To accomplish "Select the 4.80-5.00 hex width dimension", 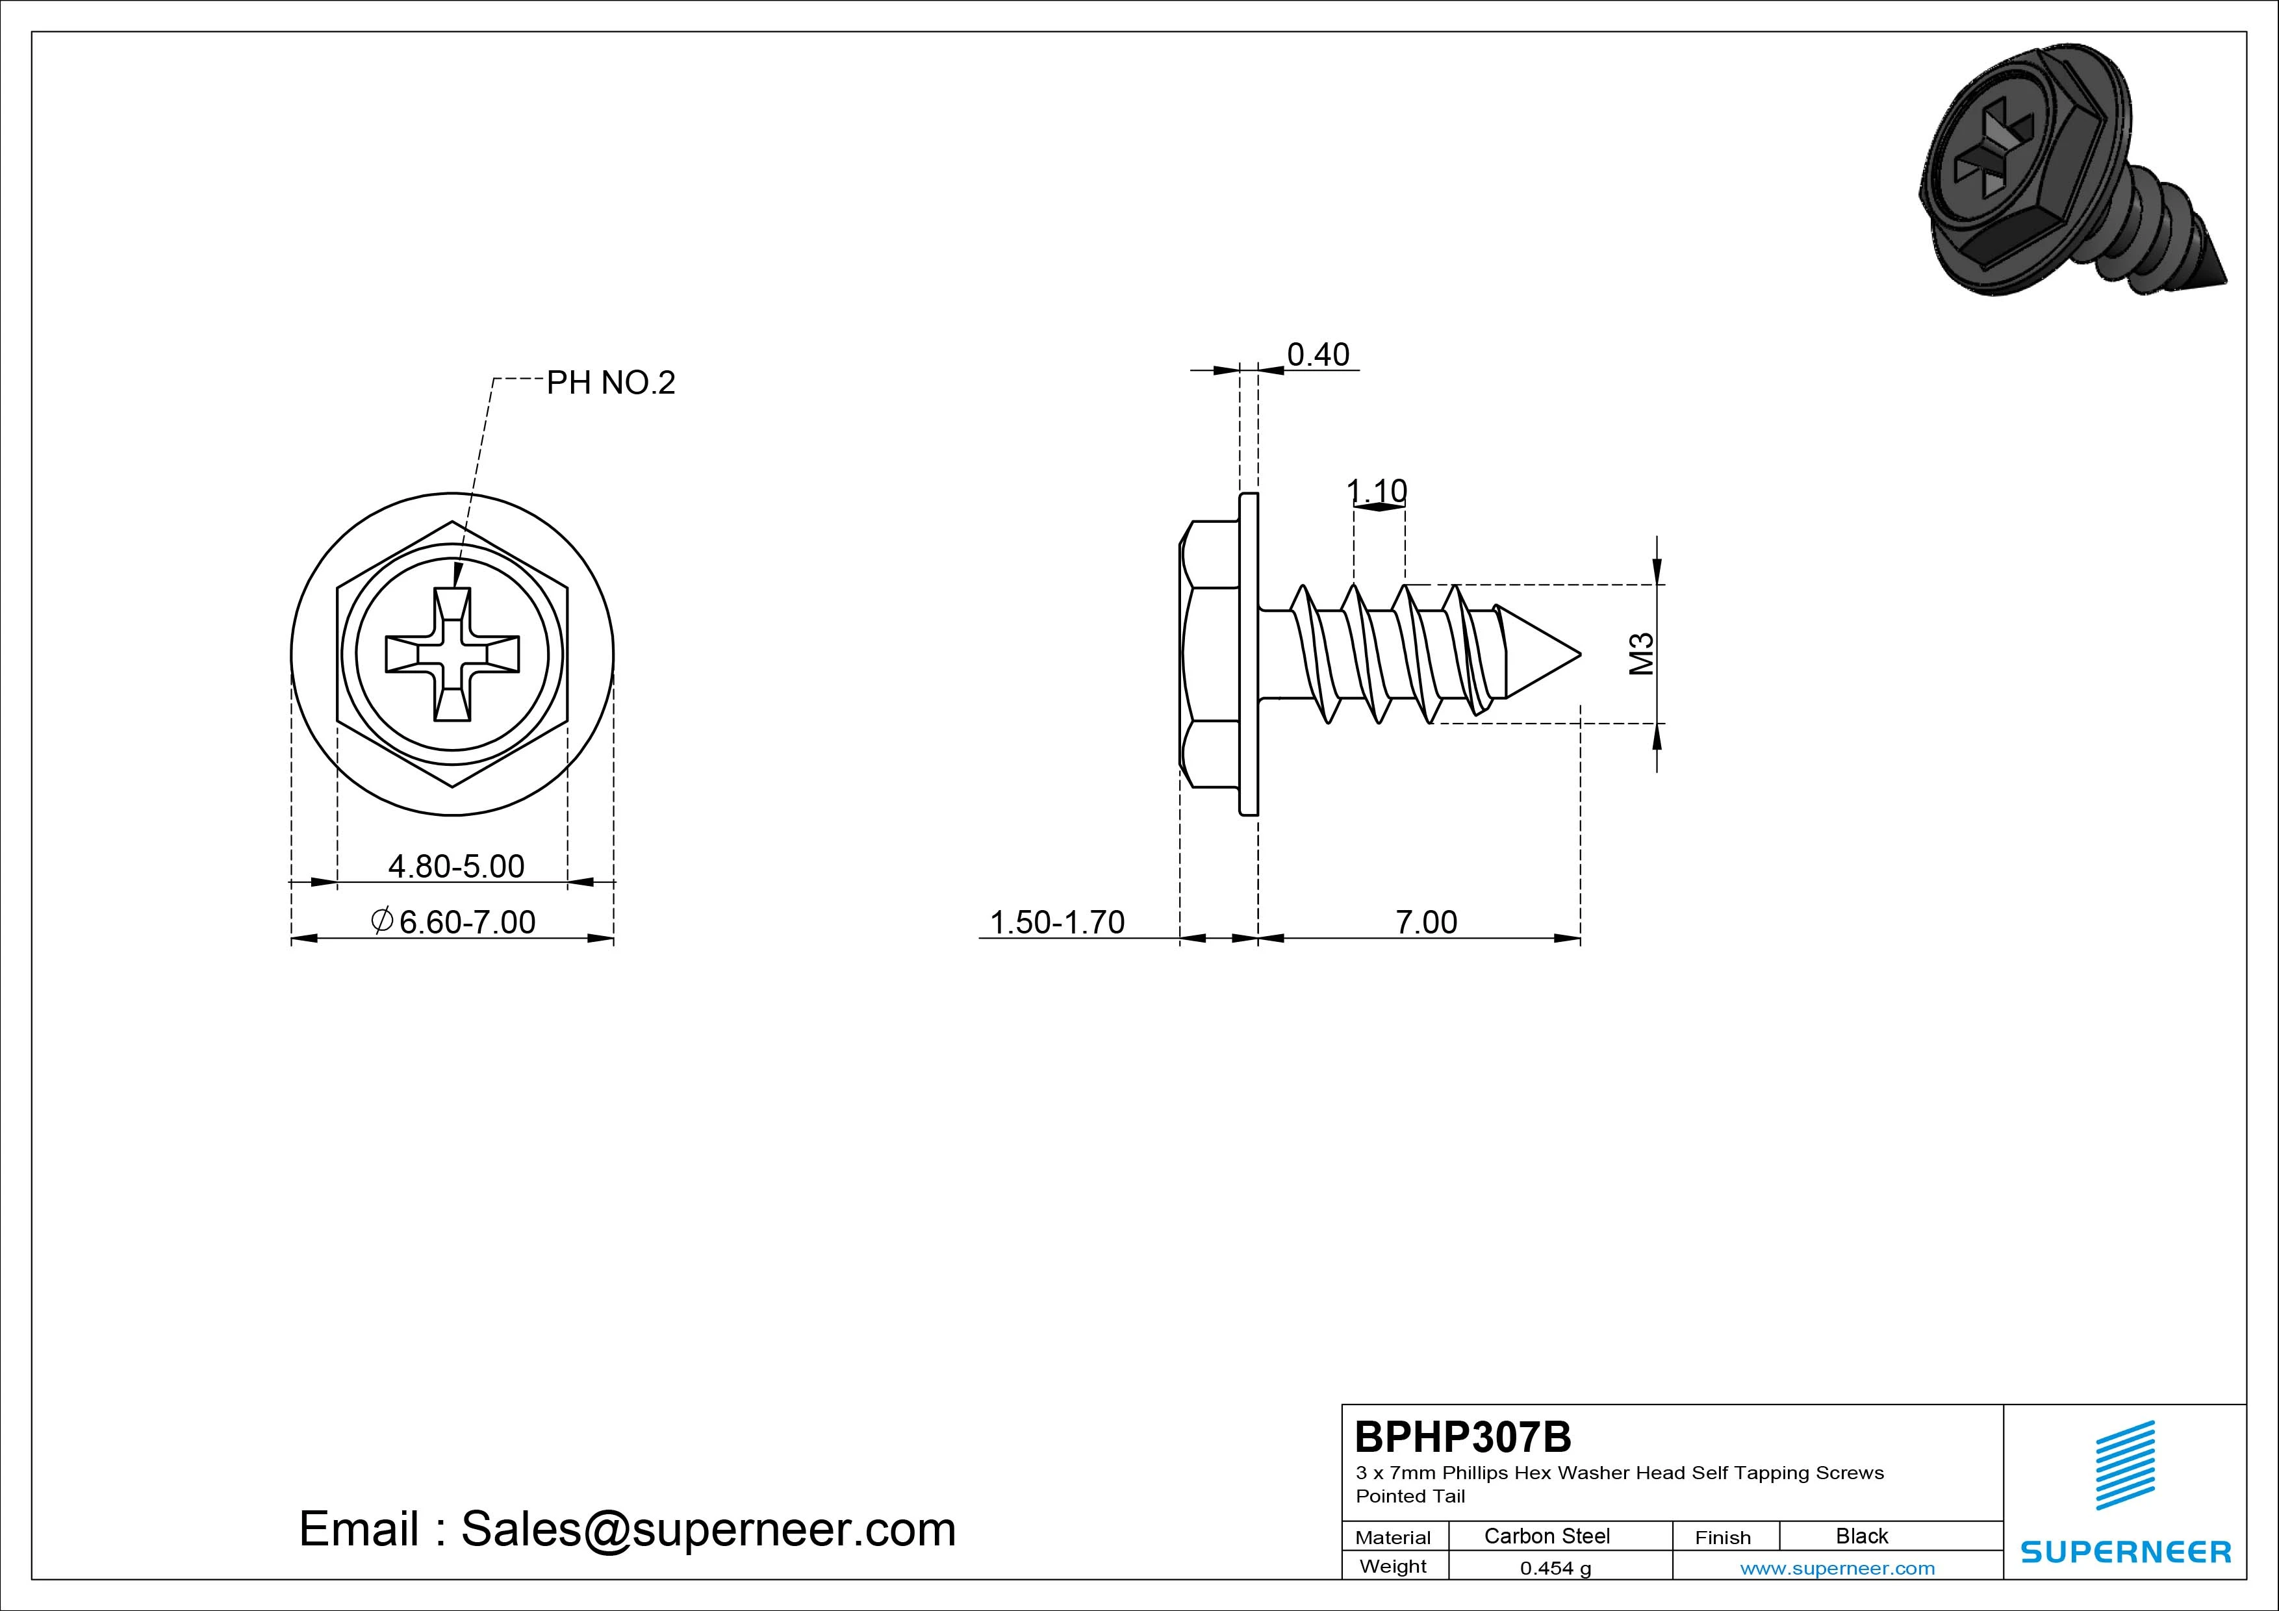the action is click(x=455, y=867).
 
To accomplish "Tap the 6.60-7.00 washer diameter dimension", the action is click(x=453, y=922).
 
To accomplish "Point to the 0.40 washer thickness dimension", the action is click(x=1318, y=355).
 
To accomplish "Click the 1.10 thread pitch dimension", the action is click(x=1377, y=490).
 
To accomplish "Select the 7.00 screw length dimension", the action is click(x=1427, y=922).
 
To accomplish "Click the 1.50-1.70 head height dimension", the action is click(x=1057, y=922).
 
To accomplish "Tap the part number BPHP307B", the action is click(x=1463, y=1436).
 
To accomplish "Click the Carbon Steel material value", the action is click(x=1546, y=1536).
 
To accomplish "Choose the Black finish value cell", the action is click(x=1862, y=1536).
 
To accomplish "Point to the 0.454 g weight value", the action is click(x=1555, y=1568).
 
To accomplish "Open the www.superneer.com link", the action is click(x=1837, y=1568).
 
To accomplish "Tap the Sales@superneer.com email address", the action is click(x=707, y=1529).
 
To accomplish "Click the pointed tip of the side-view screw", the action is click(x=1580, y=654).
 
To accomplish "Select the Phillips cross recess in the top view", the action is click(x=453, y=654).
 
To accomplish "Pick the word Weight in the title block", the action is click(x=1393, y=1566).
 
